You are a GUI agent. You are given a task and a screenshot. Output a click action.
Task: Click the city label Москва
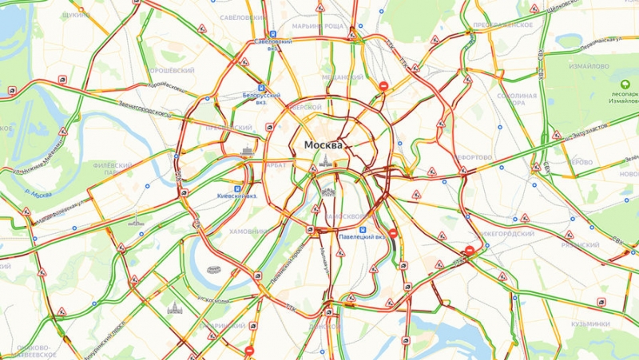[x=323, y=145]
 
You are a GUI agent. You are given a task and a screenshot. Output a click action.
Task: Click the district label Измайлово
[x=589, y=66]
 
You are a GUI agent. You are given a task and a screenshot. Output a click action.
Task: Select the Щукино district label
[x=76, y=14]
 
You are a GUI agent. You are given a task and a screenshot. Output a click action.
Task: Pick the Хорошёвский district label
[x=172, y=70]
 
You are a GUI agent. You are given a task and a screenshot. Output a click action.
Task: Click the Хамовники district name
[x=249, y=231]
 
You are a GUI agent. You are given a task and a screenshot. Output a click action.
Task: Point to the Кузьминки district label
[x=590, y=324]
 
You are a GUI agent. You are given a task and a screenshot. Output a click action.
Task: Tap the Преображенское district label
[x=503, y=25]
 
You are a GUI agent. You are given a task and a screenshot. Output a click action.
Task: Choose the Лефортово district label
[x=477, y=157]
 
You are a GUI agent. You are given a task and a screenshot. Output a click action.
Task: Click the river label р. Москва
[x=38, y=192]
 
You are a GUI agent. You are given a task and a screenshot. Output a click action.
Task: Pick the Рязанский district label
[x=580, y=245]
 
